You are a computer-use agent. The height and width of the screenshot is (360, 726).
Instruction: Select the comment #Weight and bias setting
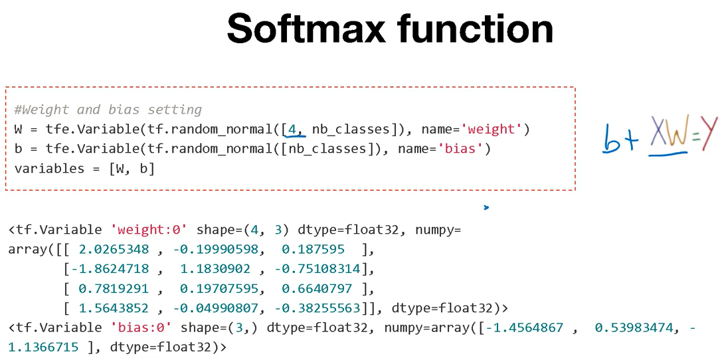click(x=108, y=110)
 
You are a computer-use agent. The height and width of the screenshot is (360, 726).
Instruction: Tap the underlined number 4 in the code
click(x=292, y=129)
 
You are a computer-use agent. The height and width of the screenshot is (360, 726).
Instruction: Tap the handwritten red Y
click(x=709, y=134)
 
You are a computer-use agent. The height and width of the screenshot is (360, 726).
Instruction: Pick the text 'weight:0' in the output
click(x=149, y=230)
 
